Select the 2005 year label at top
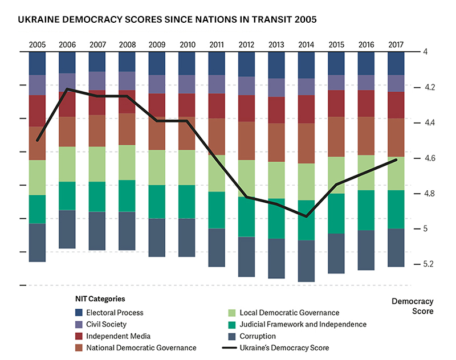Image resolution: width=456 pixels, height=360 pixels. (x=38, y=44)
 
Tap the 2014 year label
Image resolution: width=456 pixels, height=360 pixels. (x=306, y=44)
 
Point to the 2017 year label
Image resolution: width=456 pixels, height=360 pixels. (x=395, y=44)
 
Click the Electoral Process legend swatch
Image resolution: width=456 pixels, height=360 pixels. (x=79, y=313)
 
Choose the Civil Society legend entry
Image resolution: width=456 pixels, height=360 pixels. (x=106, y=324)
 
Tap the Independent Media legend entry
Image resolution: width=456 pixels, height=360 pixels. (x=114, y=336)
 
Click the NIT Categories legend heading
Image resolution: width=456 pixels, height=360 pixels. (x=100, y=298)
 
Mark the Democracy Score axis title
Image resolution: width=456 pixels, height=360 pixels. (x=413, y=306)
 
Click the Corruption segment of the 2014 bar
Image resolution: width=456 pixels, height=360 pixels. (x=306, y=261)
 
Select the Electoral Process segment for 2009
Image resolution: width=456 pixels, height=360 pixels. (x=157, y=63)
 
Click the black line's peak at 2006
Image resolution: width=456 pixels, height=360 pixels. (x=68, y=89)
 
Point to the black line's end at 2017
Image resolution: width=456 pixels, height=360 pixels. (x=396, y=160)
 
